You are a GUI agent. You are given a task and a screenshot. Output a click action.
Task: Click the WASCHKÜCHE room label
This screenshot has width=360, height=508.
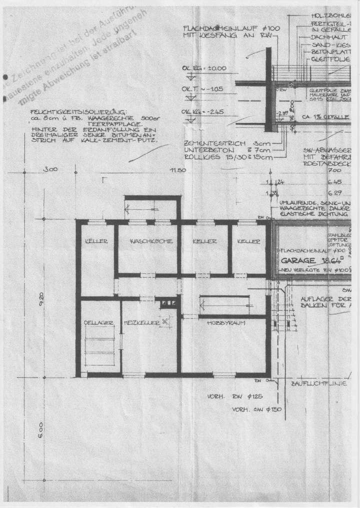151,241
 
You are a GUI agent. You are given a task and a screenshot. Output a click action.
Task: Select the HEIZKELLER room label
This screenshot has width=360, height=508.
141,323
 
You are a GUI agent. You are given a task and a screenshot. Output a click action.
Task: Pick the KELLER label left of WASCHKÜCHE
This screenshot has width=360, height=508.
96,241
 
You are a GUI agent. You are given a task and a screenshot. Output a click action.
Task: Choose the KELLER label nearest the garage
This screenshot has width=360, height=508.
248,241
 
